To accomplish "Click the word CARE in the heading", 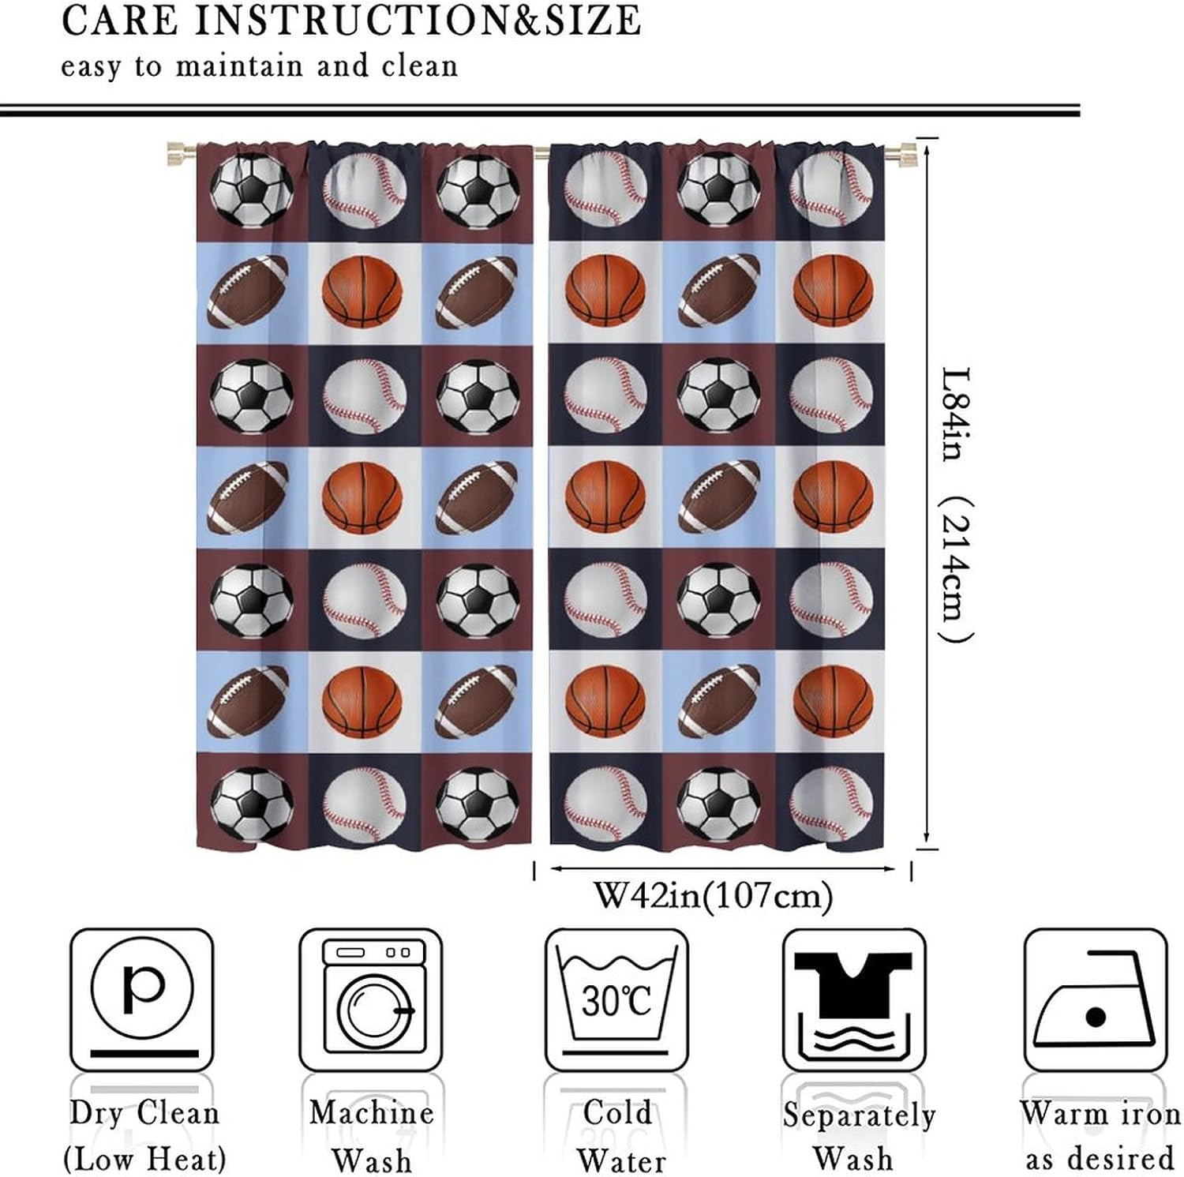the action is tap(119, 21).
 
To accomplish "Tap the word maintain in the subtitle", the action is tap(238, 66).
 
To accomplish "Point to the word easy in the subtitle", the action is tap(91, 66).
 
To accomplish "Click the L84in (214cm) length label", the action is tap(957, 505).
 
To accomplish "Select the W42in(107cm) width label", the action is tap(713, 896).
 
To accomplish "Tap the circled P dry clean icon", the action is tap(142, 999).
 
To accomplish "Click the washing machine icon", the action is tap(371, 999).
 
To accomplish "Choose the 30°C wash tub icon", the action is tap(616, 999).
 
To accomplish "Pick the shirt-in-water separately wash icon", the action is tap(853, 999).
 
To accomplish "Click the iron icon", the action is tap(1095, 999).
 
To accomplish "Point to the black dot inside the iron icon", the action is tap(1095, 1017).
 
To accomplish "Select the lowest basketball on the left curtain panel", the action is tap(362, 701).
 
